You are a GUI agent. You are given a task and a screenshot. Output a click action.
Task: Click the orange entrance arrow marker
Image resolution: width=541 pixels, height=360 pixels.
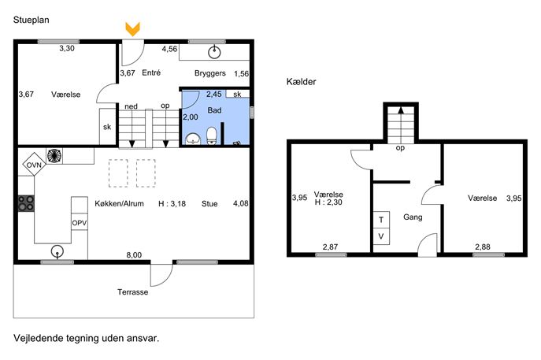click(133, 29)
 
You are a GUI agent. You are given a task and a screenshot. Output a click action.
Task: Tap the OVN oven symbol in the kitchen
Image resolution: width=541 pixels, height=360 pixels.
click(34, 165)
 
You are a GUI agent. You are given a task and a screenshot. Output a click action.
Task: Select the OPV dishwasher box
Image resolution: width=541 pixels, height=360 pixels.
click(80, 223)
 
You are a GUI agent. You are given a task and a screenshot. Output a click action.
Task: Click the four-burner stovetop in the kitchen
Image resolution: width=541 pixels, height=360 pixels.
click(26, 203)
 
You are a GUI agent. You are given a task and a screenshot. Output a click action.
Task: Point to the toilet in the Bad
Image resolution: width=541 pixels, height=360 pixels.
click(212, 136)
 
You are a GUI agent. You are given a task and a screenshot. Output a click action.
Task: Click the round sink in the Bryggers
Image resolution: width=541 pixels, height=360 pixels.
click(215, 52)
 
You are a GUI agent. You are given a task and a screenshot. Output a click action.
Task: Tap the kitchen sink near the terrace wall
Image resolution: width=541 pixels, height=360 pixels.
click(57, 251)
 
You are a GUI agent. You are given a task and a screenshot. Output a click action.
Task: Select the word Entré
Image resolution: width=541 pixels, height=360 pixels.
click(151, 72)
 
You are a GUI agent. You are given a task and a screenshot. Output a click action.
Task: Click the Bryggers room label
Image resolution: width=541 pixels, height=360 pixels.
click(210, 73)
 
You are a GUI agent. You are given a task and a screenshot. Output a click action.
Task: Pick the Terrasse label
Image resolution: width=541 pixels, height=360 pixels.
click(133, 292)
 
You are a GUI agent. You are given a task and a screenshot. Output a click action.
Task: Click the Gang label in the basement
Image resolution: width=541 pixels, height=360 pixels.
click(413, 217)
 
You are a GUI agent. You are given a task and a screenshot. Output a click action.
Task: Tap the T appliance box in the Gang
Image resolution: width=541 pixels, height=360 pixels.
click(381, 220)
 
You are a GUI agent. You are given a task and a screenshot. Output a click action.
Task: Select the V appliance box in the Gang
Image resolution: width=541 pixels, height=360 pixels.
click(381, 236)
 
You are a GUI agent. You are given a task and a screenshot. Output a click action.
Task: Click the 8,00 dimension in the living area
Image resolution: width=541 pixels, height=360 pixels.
click(134, 255)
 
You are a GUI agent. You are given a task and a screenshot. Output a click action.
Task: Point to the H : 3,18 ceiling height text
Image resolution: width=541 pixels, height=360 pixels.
click(172, 204)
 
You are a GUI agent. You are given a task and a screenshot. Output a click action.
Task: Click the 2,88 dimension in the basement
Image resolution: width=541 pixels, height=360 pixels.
click(483, 247)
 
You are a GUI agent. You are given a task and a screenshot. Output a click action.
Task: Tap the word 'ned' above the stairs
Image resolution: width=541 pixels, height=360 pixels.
click(131, 106)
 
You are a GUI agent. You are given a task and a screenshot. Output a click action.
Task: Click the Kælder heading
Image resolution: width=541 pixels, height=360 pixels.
click(301, 82)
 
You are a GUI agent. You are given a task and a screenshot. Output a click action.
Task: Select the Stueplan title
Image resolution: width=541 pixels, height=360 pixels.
click(31, 20)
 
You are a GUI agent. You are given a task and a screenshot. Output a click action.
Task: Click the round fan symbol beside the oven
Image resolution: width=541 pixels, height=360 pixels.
click(54, 156)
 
